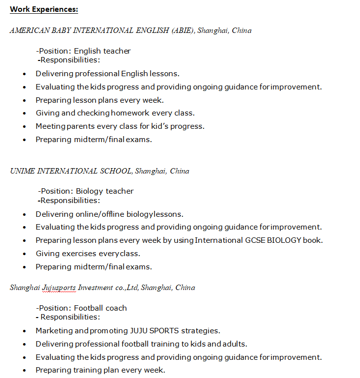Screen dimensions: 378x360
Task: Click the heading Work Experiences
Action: click(x=44, y=9)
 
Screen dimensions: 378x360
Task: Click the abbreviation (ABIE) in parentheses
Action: click(x=183, y=30)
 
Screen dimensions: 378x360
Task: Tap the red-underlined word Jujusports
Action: click(x=59, y=288)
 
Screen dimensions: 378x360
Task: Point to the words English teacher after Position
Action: click(x=102, y=51)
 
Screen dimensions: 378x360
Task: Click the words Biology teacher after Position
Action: click(x=105, y=191)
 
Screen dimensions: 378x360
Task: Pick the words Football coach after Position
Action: click(x=100, y=308)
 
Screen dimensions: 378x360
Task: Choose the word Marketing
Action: click(x=55, y=331)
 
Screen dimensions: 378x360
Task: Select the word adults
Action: click(x=234, y=344)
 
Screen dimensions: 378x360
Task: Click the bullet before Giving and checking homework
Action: click(x=25, y=114)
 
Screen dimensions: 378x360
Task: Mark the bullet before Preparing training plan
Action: click(x=25, y=371)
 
